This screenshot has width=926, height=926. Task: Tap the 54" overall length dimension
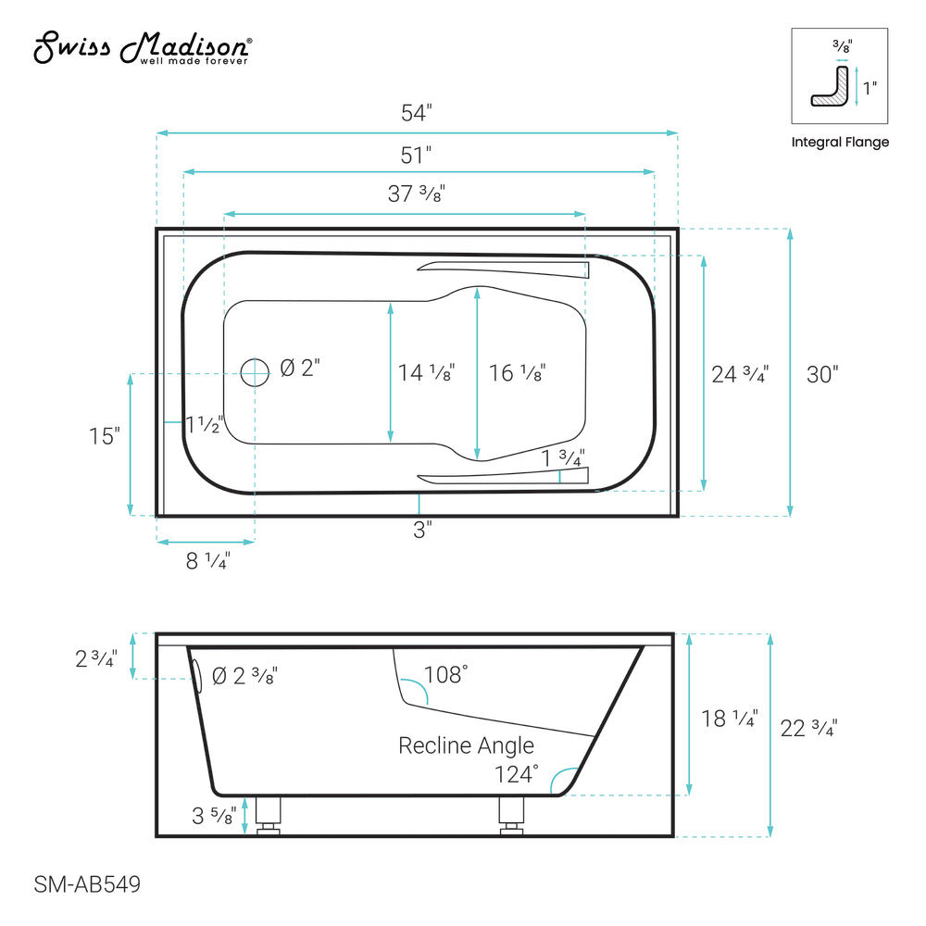click(417, 114)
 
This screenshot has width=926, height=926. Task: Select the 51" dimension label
click(417, 154)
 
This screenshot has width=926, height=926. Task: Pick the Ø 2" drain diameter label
click(299, 369)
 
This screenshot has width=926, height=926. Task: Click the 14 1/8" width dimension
click(426, 372)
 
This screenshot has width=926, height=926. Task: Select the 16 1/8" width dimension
click(517, 372)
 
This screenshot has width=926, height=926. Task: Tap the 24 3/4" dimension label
click(740, 374)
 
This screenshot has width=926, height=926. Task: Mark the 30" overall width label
click(822, 374)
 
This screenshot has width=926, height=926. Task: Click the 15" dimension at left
click(105, 436)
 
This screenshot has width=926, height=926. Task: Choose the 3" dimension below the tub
click(422, 531)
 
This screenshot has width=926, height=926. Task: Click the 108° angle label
click(445, 674)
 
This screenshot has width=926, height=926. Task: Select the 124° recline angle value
click(517, 773)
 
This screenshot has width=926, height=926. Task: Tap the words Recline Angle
click(466, 745)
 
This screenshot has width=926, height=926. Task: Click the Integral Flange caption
click(840, 143)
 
